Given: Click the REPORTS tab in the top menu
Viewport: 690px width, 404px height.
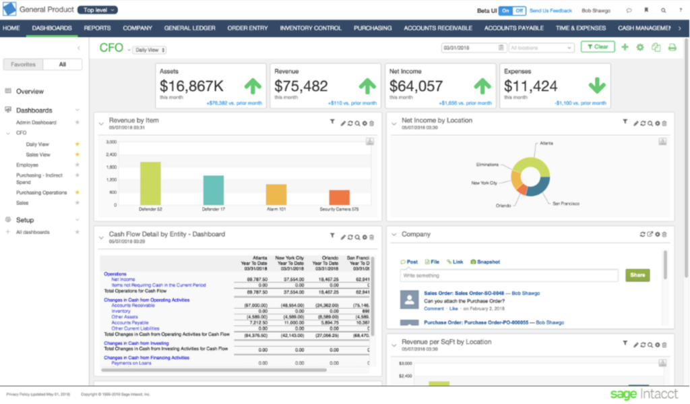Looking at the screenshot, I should point(97,28).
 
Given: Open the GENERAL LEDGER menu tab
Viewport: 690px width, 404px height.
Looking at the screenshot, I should point(190,28).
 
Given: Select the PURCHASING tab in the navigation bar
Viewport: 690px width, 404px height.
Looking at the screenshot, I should point(373,28).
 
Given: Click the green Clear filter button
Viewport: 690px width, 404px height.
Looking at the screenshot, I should point(598,47).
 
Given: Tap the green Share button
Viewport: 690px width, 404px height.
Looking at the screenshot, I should point(637,275).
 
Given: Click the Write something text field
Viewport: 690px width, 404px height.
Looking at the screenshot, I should point(509,275).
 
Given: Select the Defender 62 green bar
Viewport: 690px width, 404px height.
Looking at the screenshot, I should point(150,183).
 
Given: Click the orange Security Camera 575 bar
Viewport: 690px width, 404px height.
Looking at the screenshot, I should point(339,197).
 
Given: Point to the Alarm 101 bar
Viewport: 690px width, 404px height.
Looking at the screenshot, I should point(276,194).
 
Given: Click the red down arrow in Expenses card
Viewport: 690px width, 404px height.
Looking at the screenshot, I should point(596,86).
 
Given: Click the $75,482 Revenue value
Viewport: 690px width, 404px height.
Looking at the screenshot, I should point(301,86).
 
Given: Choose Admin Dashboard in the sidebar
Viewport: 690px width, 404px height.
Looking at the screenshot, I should point(36,123).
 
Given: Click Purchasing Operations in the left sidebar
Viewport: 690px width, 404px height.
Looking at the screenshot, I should point(42,193).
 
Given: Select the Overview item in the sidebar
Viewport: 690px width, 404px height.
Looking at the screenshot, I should point(30,91).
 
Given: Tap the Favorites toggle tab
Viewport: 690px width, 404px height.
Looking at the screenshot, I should point(23,65).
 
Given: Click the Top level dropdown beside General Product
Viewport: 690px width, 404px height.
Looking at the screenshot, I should point(97,10).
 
